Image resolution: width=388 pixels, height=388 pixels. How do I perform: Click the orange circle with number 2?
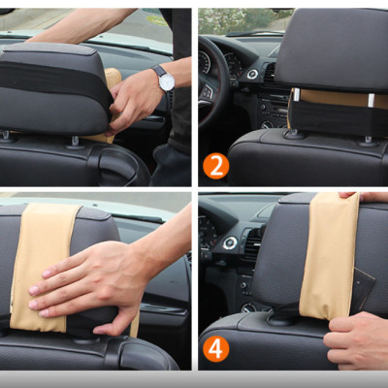pos(216,167)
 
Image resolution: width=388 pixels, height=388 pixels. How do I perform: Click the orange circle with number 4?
pos(216,349)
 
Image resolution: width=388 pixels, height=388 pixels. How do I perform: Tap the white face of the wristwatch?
pos(167,81)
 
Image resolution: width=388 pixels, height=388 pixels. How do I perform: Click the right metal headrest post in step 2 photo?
pos(372,100)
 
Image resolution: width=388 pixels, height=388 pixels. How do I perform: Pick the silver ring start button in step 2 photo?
pos(252,74)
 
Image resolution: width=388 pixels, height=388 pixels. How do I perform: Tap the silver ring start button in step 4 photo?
pos(230,243)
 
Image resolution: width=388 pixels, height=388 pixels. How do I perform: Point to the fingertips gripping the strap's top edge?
pos(362,196)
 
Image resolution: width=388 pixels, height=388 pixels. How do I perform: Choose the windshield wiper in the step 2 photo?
pos(255,33)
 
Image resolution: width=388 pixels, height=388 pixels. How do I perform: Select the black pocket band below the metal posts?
pos(338,117)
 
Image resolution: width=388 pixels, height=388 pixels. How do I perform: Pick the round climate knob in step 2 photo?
pos(268,124)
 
